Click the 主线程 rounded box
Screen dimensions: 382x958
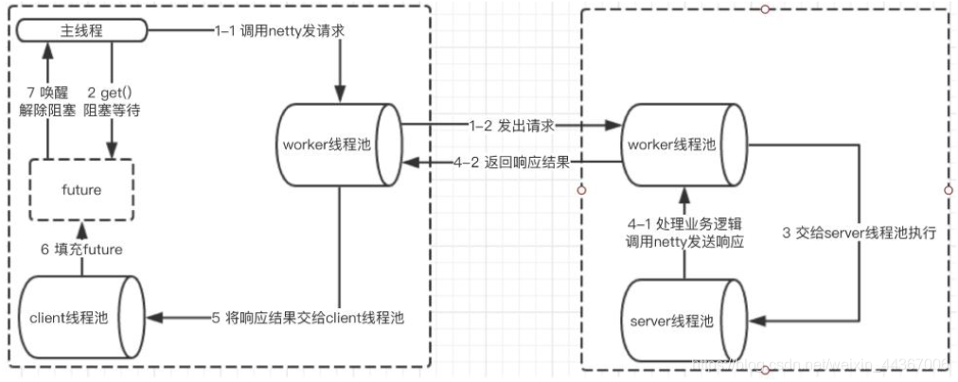(x=82, y=30)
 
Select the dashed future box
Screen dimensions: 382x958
(x=82, y=190)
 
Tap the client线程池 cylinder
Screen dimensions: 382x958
(x=82, y=317)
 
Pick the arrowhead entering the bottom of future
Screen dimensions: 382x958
(x=82, y=228)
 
